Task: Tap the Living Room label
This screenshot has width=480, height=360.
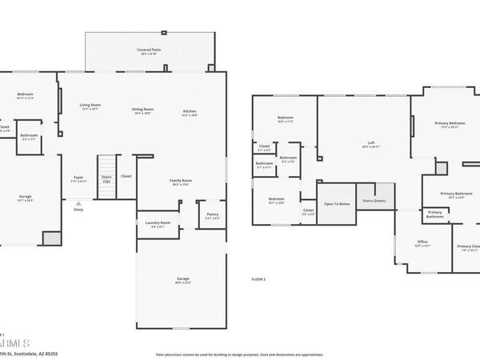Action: click(90, 106)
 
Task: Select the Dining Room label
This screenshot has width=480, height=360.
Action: click(143, 111)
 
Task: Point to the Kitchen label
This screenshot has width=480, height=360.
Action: click(190, 112)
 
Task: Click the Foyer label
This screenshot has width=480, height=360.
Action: click(78, 178)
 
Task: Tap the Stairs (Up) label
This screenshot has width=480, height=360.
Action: click(106, 178)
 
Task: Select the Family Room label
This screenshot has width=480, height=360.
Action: click(181, 182)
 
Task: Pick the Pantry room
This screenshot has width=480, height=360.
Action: click(212, 215)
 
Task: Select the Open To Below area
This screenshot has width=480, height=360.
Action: click(337, 204)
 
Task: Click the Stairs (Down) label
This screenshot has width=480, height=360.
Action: click(374, 201)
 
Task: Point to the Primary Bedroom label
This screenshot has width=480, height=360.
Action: click(450, 124)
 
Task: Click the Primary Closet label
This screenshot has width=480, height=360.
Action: click(468, 247)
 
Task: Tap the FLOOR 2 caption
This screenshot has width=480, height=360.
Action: click(258, 279)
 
